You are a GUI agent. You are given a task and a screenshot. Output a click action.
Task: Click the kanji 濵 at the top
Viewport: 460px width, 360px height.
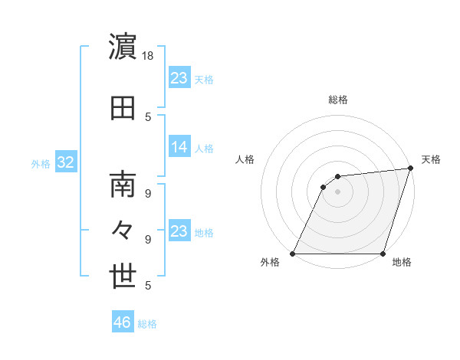point(123,47)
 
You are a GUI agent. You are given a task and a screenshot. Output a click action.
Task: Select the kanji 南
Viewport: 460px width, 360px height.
point(123,185)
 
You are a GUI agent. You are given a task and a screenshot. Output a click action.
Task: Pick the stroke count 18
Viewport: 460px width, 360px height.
point(149,55)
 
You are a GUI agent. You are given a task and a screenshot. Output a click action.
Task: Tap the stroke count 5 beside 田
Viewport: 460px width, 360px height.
point(149,117)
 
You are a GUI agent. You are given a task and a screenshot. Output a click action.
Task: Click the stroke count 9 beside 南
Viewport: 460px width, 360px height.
point(149,192)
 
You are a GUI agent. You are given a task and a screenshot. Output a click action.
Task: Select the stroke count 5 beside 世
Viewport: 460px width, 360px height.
point(149,285)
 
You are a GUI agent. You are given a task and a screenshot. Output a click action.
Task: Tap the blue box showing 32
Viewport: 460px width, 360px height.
point(65,162)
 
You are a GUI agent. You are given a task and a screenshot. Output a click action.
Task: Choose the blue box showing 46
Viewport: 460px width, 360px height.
point(123,322)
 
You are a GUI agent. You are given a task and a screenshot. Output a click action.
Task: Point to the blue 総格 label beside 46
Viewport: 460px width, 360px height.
point(147,324)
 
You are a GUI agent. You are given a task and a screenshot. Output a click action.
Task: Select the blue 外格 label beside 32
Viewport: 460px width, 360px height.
point(41,164)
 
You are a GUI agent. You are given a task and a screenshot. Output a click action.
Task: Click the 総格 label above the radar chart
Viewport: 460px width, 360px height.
point(338,100)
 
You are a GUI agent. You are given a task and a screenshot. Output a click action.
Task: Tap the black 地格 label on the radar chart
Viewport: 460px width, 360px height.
point(401,263)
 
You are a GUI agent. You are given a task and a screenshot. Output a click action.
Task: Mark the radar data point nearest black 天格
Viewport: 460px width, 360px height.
point(410,169)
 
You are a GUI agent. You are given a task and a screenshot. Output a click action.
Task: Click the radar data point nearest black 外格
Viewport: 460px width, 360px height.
point(293,254)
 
